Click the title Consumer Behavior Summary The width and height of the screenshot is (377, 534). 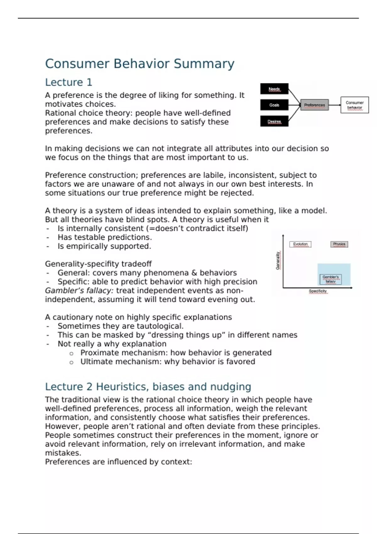point(139,64)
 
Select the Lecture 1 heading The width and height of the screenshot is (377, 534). point(68,82)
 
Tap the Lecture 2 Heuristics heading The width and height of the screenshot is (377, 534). point(148,387)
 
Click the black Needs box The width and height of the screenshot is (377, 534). point(274,89)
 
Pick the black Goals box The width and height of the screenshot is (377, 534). point(274,105)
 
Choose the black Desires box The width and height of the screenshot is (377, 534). point(274,121)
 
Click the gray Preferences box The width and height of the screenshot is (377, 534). point(314,105)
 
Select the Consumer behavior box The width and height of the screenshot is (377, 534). point(355,105)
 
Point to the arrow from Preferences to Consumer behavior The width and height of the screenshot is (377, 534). point(335,105)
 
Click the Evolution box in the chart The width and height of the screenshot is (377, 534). point(300,244)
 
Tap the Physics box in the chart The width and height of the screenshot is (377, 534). point(339,244)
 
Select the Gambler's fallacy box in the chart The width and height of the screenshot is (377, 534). point(331,279)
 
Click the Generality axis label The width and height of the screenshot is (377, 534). point(278,260)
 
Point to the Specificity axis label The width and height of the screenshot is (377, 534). point(318,291)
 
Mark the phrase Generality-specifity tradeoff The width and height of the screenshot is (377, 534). point(98,264)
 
